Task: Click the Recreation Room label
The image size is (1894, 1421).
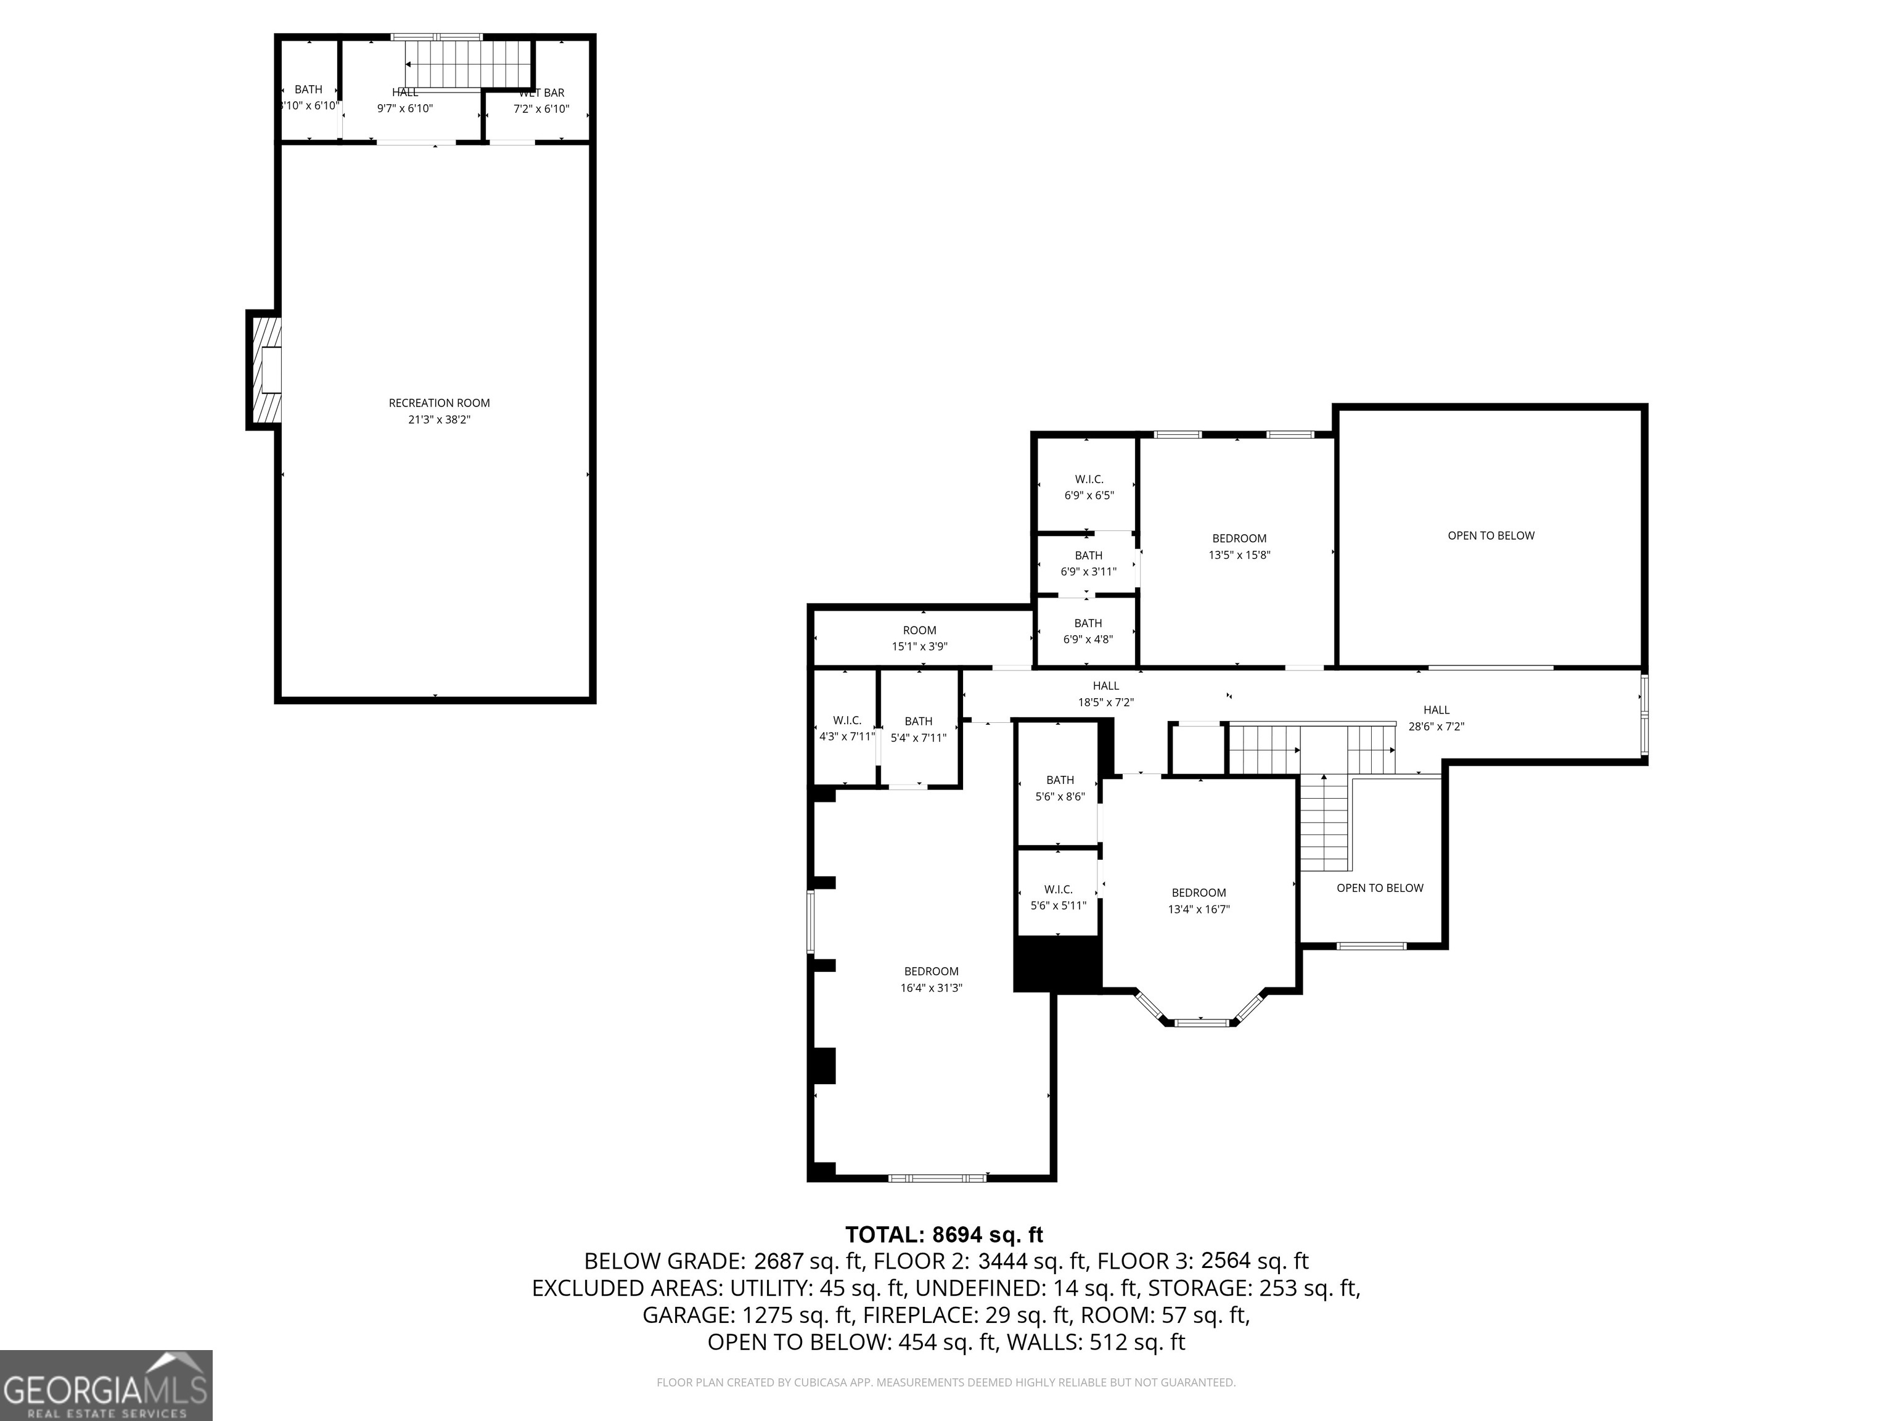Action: click(x=439, y=403)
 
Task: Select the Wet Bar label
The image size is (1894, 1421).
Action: click(x=542, y=93)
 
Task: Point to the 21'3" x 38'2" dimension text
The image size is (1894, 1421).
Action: click(x=439, y=420)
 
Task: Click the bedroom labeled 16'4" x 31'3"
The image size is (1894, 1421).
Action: click(x=931, y=979)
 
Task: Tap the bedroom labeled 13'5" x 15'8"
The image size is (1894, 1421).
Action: click(x=1239, y=546)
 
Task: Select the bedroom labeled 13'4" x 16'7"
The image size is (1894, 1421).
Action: click(x=1199, y=900)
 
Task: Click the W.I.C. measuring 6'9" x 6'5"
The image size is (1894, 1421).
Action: click(x=1088, y=487)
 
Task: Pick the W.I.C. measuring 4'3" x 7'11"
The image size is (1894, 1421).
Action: click(x=846, y=728)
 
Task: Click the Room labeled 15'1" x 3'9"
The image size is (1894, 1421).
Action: click(x=920, y=638)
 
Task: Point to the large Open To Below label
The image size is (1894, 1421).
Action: click(x=1491, y=535)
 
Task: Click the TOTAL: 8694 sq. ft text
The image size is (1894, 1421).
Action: click(x=943, y=1234)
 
